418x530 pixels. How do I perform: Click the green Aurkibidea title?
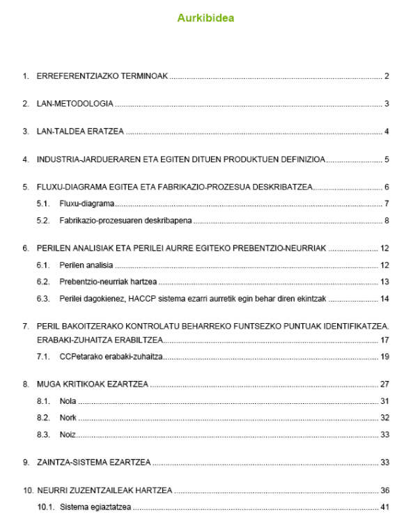point(206,19)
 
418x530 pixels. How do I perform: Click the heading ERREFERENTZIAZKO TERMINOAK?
point(102,77)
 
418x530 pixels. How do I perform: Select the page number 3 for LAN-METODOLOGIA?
point(386,104)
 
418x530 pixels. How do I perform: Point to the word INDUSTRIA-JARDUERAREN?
point(84,159)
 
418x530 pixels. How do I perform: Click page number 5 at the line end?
point(386,159)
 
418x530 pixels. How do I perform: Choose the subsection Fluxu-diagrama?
point(87,204)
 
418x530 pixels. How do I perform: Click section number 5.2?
point(43,221)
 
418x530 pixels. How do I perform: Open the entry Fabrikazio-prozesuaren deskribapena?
point(126,221)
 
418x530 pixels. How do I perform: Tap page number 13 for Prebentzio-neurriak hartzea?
point(384,282)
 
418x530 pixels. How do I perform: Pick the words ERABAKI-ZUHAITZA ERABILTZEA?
point(100,340)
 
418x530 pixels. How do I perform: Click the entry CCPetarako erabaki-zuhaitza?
point(111,357)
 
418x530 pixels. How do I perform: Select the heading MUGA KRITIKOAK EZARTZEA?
point(93,384)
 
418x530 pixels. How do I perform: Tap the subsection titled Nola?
point(68,401)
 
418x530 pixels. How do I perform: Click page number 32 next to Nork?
point(384,418)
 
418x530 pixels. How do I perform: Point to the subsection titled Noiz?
point(68,435)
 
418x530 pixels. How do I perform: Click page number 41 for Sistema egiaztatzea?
point(384,507)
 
